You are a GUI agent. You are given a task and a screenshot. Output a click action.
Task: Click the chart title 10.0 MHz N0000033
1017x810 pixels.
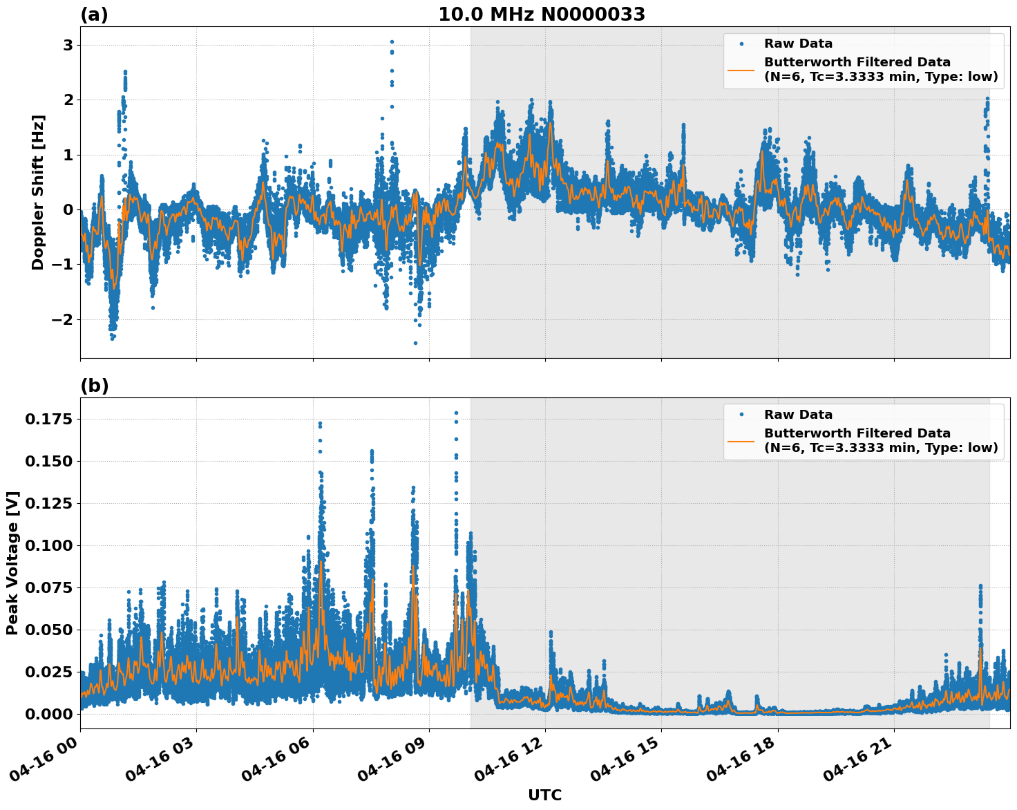coord(542,15)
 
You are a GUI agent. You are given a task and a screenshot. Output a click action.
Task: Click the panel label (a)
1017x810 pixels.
coord(94,15)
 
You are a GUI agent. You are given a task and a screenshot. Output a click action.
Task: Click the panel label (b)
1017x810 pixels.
coord(94,386)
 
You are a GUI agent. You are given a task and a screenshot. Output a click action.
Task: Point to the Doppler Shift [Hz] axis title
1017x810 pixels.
coord(38,192)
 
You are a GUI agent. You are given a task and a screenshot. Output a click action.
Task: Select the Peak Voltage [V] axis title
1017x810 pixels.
coord(12,563)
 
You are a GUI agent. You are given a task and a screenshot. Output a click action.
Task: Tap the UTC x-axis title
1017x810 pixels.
coord(544,795)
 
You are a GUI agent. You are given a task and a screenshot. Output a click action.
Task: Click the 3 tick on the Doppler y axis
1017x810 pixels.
coord(68,46)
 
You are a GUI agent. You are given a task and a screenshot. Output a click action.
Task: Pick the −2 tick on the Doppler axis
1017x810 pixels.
coord(62,319)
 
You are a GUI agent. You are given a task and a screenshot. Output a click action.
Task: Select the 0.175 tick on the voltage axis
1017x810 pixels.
coord(50,419)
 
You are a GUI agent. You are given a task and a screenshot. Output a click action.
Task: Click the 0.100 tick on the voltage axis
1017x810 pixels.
coord(50,545)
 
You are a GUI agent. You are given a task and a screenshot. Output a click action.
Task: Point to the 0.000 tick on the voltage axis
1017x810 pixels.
coord(50,714)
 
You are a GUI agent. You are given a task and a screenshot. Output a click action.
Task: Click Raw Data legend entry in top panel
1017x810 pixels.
coord(798,44)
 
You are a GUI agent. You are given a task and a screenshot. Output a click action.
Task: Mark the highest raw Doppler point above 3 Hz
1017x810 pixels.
coord(392,41)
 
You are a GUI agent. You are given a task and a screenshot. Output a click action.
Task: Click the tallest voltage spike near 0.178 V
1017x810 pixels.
coord(456,413)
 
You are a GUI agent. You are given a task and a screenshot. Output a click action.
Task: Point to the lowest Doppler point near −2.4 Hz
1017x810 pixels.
coord(415,343)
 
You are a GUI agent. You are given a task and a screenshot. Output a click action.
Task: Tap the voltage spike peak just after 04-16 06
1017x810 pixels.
coord(320,423)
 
